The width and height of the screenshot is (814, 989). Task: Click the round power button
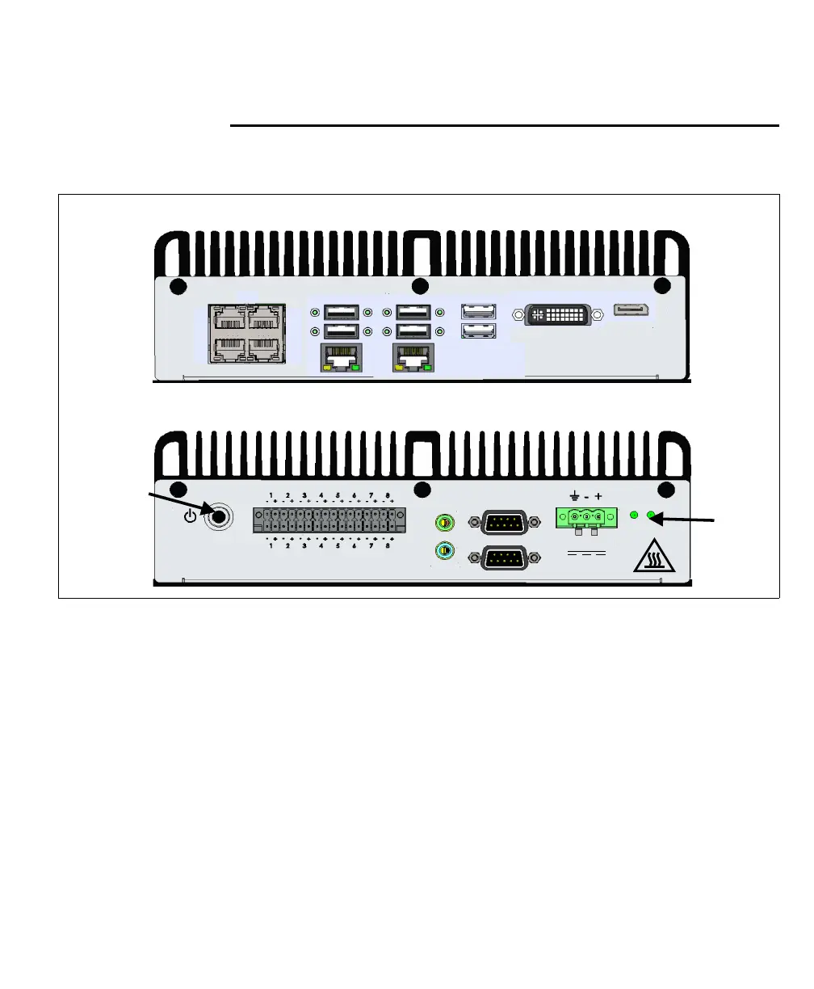click(216, 516)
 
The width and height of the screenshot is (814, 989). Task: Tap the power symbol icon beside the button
click(191, 515)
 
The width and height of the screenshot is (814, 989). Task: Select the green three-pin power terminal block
click(586, 517)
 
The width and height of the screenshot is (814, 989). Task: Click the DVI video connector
click(564, 314)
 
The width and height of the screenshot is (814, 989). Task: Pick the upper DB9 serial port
click(505, 523)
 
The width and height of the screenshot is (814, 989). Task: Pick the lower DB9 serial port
click(505, 558)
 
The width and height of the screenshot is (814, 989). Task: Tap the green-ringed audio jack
click(443, 522)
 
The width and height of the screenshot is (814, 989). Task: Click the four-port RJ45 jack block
click(245, 333)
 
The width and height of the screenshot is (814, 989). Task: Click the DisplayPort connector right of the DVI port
click(633, 310)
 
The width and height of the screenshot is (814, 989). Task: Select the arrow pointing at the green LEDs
click(686, 520)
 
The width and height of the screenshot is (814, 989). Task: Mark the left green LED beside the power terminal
click(635, 516)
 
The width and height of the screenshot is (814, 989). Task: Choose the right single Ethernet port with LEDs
click(413, 358)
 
